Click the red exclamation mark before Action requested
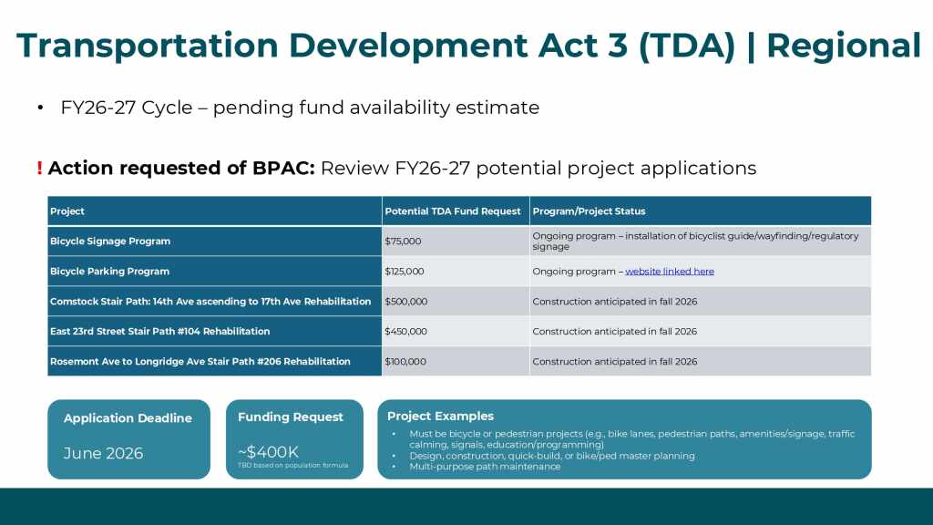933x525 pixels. point(39,169)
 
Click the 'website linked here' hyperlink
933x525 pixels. point(670,272)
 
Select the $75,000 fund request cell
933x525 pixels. point(403,241)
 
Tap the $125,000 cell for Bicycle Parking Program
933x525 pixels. point(404,272)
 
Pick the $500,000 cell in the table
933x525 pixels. point(405,301)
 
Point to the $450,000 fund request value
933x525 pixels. point(405,332)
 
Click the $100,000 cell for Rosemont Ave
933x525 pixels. point(405,361)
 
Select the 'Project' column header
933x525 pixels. point(67,211)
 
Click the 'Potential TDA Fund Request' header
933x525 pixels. point(453,211)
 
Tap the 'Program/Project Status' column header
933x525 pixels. point(590,211)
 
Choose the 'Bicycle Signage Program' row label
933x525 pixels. point(110,241)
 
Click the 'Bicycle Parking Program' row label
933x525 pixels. point(109,272)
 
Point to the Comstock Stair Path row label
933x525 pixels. point(210,301)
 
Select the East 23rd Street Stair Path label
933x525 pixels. point(160,332)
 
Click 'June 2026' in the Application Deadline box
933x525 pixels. point(104,454)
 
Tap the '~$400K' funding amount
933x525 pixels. point(268,452)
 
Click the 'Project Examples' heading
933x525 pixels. point(440,416)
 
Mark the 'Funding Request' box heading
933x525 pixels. point(291,417)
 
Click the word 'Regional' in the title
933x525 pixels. point(844,46)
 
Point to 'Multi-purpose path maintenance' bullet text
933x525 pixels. point(485,467)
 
